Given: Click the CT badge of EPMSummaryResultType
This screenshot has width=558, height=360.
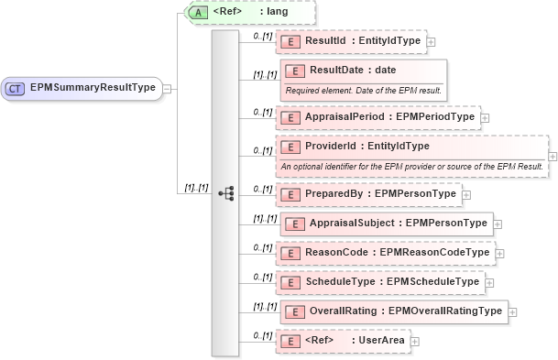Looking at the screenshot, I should tap(16, 89).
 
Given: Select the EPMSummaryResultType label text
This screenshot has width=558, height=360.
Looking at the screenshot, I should tap(92, 89).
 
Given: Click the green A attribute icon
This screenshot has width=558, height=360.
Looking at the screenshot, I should tap(197, 14).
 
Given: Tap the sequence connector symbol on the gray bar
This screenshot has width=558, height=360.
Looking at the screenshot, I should tap(225, 193).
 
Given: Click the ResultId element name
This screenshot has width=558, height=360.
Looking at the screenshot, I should tap(324, 42).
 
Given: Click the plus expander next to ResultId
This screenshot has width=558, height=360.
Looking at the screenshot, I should tap(432, 42).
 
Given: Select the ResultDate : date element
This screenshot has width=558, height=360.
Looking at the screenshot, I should tap(353, 71).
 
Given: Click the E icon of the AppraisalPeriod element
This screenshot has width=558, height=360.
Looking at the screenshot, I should tap(290, 117).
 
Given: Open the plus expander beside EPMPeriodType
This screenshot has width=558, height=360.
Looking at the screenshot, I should tap(486, 117).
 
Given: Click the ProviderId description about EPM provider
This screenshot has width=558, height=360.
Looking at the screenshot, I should tap(412, 166).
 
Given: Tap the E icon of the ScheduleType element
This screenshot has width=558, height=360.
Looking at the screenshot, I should tap(290, 281).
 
